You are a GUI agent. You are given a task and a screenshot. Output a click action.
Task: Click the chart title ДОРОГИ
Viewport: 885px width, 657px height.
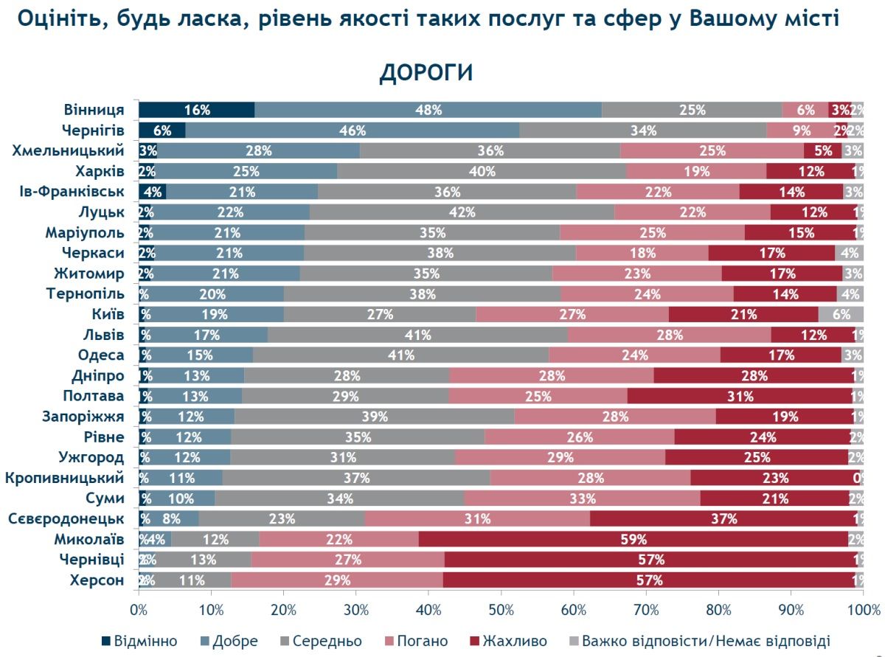[x=426, y=73]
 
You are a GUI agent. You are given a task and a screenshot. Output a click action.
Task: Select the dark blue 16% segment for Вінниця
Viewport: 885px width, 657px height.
[x=197, y=110]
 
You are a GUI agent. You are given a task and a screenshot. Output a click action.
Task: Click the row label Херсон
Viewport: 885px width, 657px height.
[x=97, y=580]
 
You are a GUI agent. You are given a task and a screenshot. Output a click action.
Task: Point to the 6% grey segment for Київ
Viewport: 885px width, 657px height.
[x=841, y=314]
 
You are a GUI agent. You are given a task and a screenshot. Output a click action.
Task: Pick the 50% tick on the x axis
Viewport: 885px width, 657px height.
[x=501, y=611]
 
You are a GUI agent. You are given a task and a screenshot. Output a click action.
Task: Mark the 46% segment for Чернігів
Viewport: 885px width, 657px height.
[x=353, y=131]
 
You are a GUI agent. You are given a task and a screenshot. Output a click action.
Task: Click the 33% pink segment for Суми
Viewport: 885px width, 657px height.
[x=582, y=498]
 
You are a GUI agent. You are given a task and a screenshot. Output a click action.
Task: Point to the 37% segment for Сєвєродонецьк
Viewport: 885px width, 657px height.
[x=723, y=518]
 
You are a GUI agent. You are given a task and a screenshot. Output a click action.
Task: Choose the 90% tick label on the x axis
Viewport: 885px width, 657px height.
[x=791, y=611]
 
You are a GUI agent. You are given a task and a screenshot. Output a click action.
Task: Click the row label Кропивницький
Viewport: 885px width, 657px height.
[x=64, y=478]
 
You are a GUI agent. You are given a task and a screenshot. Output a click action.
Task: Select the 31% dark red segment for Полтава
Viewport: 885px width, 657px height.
[x=740, y=396]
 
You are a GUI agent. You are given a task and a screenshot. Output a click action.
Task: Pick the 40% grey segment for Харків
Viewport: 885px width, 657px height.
[x=482, y=172]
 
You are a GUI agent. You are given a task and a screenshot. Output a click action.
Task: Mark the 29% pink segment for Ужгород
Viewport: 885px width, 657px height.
[x=560, y=457]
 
